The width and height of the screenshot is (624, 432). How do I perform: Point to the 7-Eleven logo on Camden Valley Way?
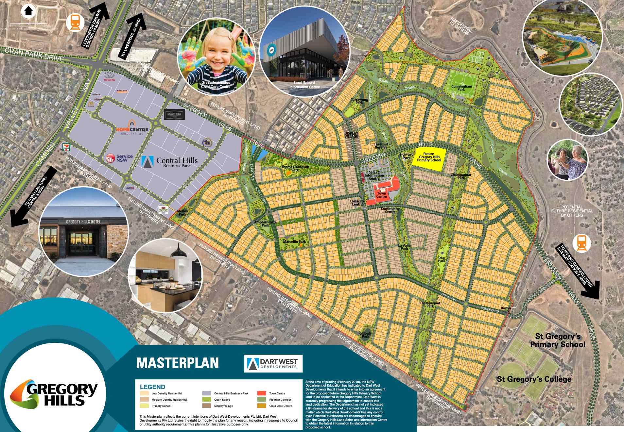click(66, 147)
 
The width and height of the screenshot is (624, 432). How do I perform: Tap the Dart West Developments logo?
click(273, 364)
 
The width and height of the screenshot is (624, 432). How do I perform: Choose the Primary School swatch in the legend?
click(145, 406)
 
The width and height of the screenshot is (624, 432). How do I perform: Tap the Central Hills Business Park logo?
click(170, 161)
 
